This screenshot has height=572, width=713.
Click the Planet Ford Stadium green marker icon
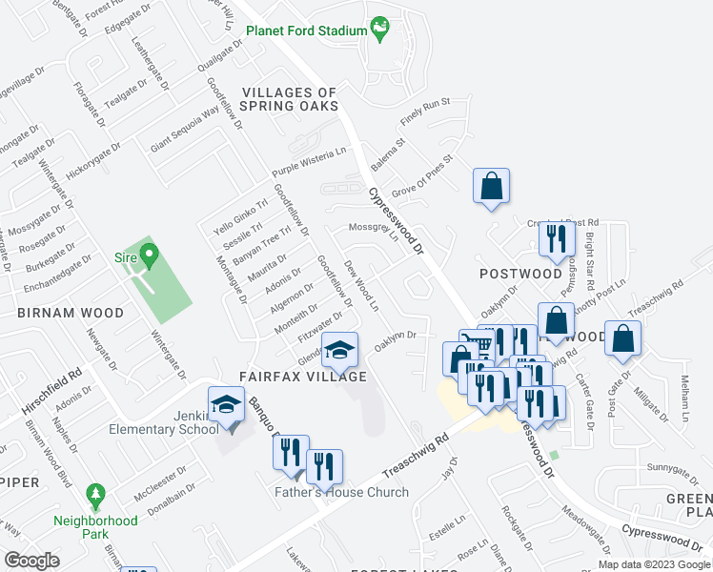380,30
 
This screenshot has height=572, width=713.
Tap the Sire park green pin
149,255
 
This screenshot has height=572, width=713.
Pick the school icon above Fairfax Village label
339,351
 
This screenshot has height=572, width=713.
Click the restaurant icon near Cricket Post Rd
556,237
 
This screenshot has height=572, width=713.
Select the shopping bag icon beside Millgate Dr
622,337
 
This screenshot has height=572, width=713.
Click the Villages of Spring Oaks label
290,99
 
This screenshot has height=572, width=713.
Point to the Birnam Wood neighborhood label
69,313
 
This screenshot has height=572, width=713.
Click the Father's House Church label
341,493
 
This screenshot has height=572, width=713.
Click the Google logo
31,560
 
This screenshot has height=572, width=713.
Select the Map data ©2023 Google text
653,564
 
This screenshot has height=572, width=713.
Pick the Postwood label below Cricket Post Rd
520,274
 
